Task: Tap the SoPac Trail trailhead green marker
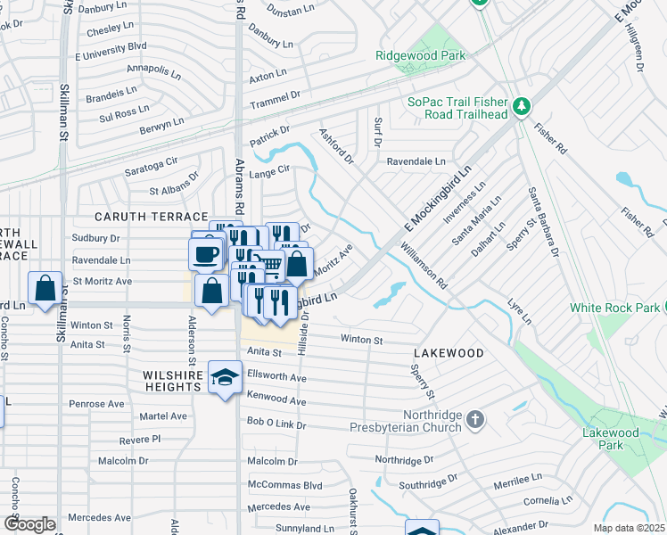522,108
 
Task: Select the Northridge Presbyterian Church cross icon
476,418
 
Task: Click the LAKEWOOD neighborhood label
448,353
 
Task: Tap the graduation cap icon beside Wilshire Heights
225,377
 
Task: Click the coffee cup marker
206,254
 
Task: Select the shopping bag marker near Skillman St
45,288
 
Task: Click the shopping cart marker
268,263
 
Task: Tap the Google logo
29,523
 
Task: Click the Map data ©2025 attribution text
630,528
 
